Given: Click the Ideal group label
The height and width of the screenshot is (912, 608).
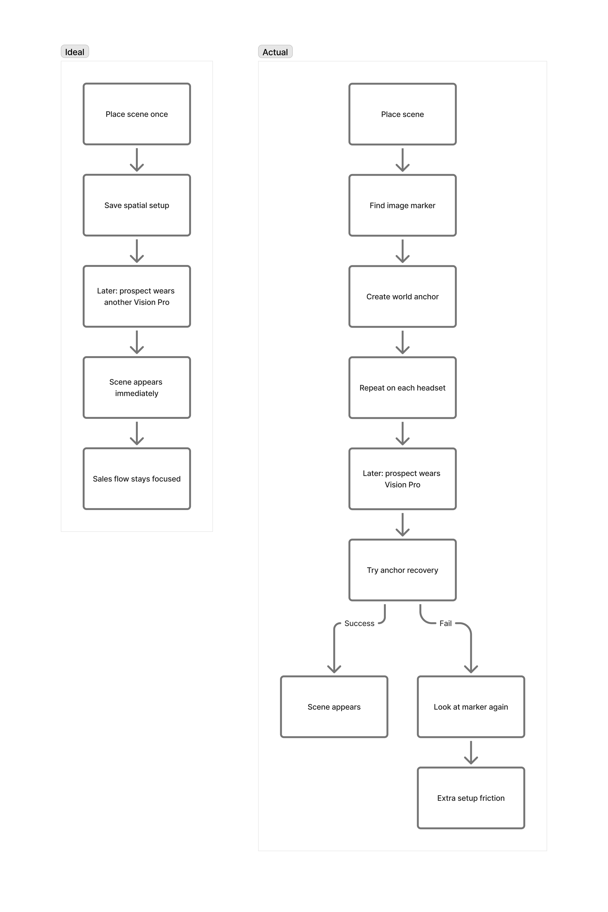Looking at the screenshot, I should [74, 52].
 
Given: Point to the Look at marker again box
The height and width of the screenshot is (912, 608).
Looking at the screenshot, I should [471, 707].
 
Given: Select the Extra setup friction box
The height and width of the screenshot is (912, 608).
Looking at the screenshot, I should [471, 798].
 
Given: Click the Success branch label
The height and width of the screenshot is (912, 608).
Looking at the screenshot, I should [359, 623].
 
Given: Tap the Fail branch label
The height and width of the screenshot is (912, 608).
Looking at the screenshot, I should [445, 623].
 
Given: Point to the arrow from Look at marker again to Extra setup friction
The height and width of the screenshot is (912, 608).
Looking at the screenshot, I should [471, 752].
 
